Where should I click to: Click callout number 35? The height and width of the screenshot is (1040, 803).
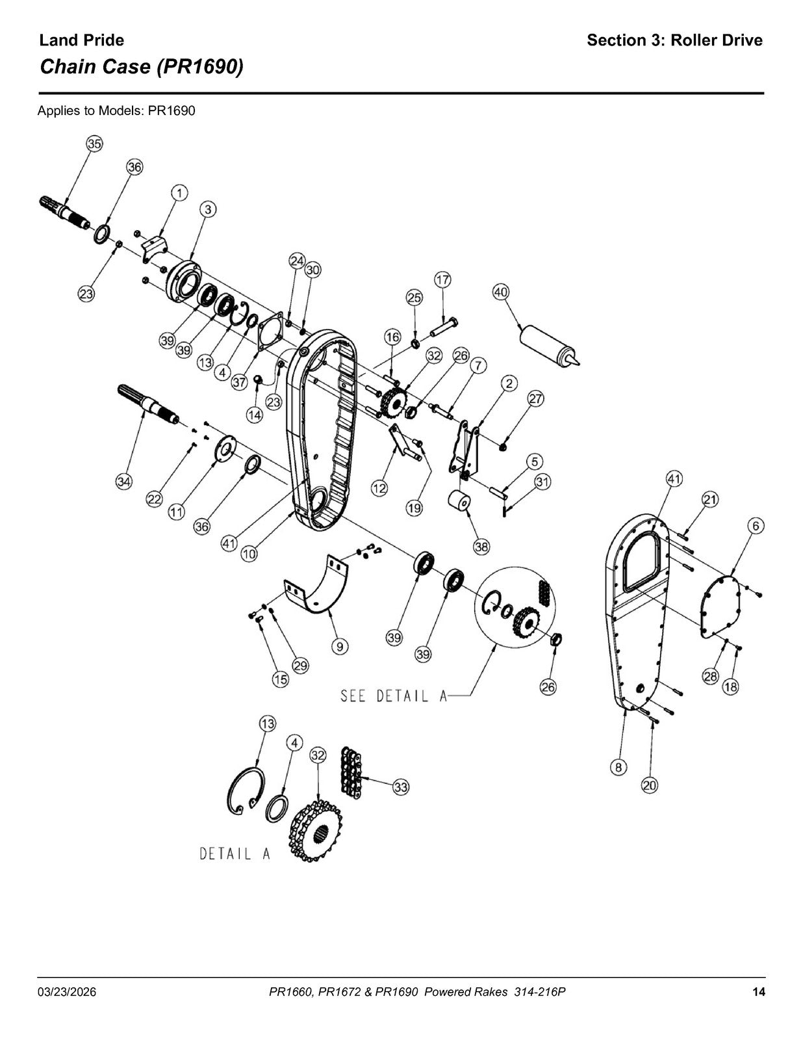[94, 144]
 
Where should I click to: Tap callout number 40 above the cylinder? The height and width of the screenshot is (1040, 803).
[500, 292]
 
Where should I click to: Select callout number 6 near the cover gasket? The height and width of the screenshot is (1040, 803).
[756, 526]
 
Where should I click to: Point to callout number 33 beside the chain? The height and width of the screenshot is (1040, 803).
[401, 787]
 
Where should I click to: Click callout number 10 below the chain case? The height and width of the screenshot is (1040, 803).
[249, 554]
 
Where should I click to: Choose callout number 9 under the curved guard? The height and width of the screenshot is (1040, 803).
[340, 647]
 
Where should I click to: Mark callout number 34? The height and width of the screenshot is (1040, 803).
[124, 482]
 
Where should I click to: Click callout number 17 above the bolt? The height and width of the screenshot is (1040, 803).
[442, 279]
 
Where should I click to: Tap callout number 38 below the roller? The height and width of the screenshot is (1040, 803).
[481, 547]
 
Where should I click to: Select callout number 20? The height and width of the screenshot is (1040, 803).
[650, 785]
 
